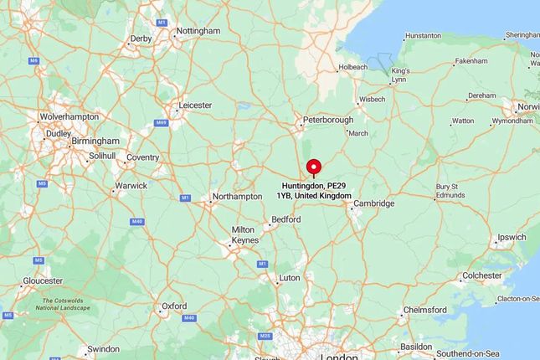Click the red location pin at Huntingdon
314,166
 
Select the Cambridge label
373,203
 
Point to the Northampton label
238,197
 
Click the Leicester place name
195,105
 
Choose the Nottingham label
198,32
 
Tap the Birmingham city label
95,141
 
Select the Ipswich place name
512,238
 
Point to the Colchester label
482,275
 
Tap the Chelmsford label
425,310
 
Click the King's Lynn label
399,75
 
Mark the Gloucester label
43,280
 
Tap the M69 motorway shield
162,123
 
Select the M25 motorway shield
266,337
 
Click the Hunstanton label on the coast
423,36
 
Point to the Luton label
289,277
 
